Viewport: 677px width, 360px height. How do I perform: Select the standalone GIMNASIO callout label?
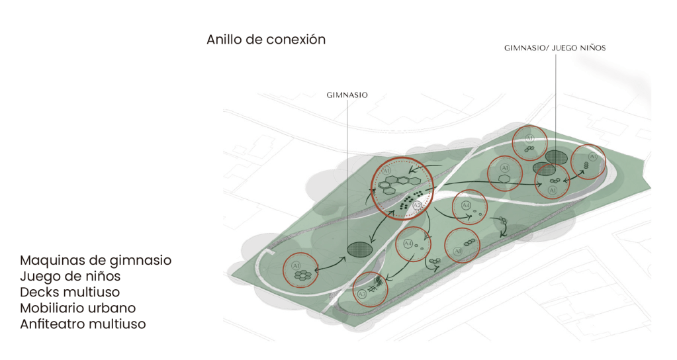347,95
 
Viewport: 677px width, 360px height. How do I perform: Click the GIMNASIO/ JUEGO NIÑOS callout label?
555,48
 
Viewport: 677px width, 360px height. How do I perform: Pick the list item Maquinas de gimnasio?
95,261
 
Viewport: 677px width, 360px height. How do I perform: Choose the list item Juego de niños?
70,277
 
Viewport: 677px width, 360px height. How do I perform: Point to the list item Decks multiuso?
69,292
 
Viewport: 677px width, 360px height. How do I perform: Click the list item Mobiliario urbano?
77,308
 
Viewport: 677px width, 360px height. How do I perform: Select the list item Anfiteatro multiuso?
83,324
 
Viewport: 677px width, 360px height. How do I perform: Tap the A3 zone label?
361,293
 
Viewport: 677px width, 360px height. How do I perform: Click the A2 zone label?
417,206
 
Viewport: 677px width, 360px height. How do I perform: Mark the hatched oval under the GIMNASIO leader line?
359,249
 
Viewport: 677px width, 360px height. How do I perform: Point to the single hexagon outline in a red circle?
504,177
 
